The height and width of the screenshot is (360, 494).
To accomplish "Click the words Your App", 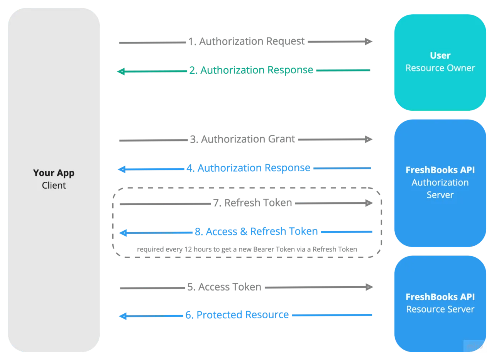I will coord(54,173).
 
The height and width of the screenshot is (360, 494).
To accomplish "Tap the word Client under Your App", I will coord(54,186).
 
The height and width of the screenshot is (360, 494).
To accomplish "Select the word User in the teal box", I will coord(440,56).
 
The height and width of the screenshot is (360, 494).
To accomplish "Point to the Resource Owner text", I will coord(440,68).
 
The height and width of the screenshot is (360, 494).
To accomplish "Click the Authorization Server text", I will coord(440,189).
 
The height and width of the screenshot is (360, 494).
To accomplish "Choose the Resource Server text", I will coord(440,309).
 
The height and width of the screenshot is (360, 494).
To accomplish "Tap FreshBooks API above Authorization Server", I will coord(440,170).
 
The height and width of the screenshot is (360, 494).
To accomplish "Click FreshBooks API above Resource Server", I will coord(440,297).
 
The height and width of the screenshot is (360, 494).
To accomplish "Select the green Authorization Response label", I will coord(251,70).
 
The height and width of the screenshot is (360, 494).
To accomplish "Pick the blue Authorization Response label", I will coord(248,168).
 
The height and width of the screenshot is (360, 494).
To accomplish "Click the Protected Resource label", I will coord(237,315).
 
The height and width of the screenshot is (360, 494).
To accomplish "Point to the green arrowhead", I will coord(122,71).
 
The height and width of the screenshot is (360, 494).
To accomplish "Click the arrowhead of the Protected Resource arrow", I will coord(123,316).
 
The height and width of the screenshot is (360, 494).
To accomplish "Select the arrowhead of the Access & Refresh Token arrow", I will coord(123,233).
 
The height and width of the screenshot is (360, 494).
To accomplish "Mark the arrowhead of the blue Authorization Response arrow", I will coord(122,169).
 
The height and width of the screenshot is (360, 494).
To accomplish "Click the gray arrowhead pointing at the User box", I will coord(368,41).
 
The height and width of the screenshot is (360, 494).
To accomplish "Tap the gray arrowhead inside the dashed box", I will coord(369,203).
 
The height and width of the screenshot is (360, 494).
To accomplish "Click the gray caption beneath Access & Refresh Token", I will coord(247,250).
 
